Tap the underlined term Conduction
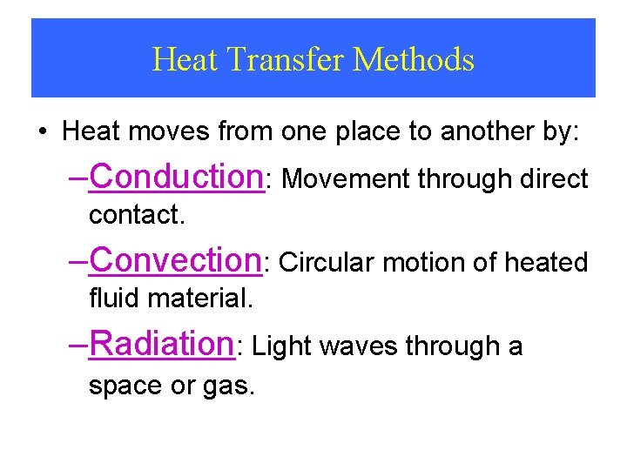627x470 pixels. click(177, 176)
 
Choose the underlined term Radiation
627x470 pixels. click(163, 343)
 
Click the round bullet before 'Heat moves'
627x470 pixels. click(43, 133)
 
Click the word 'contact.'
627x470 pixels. click(137, 215)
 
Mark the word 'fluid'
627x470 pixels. click(115, 299)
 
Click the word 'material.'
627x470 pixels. click(200, 299)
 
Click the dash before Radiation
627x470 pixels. click(78, 344)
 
